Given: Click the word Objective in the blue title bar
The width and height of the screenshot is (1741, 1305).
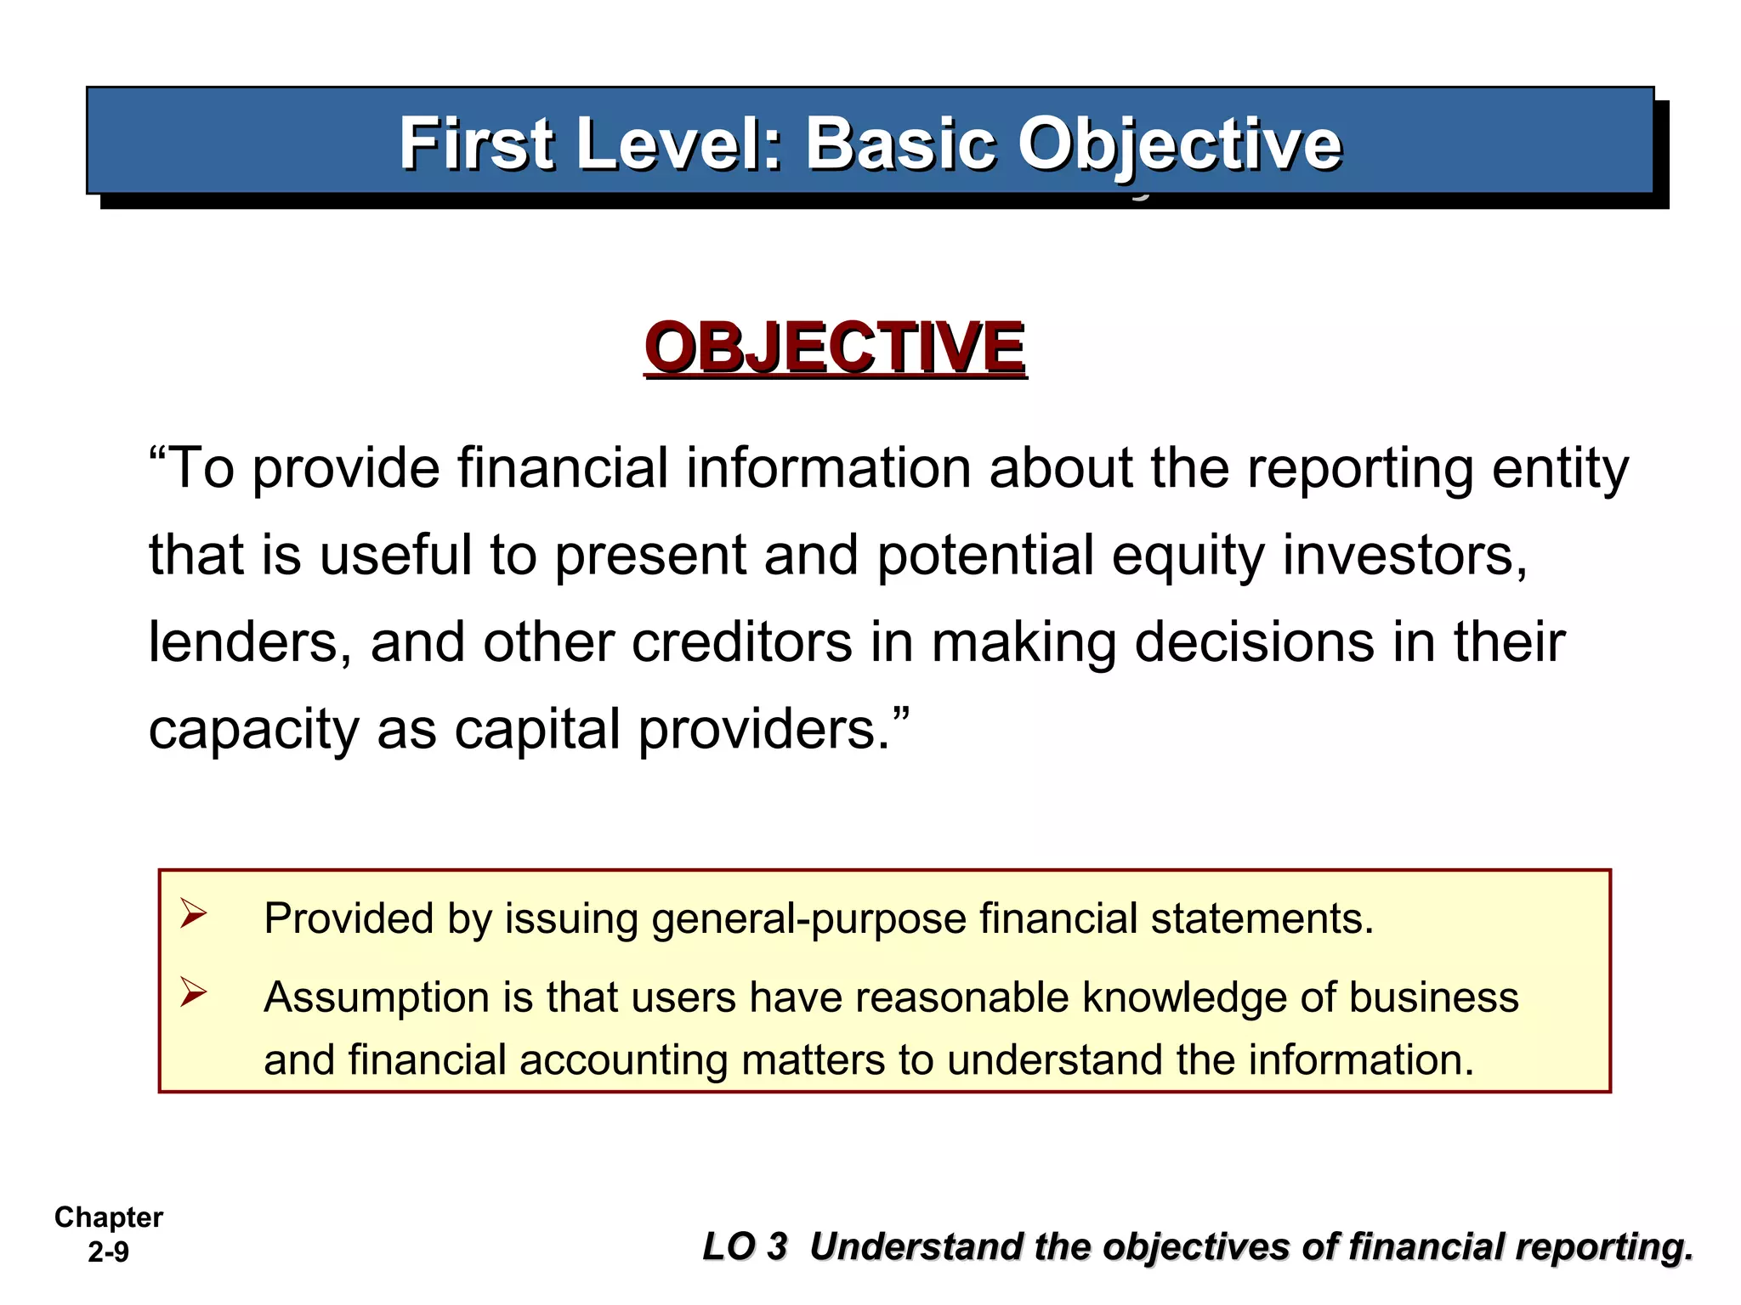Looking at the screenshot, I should click(1179, 144).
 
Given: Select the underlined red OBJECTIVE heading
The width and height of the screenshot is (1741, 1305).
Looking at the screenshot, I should click(835, 347).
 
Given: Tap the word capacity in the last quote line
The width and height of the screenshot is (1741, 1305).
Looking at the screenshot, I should click(253, 730).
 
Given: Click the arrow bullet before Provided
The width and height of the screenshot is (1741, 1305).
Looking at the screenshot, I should click(193, 915).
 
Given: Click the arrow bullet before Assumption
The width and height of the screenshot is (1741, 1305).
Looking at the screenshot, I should click(193, 992).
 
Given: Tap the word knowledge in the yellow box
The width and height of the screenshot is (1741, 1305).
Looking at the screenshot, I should click(1182, 997).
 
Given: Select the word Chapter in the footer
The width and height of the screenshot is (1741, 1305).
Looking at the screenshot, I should click(109, 1217).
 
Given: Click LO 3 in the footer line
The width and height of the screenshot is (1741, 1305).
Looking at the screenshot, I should click(745, 1247).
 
